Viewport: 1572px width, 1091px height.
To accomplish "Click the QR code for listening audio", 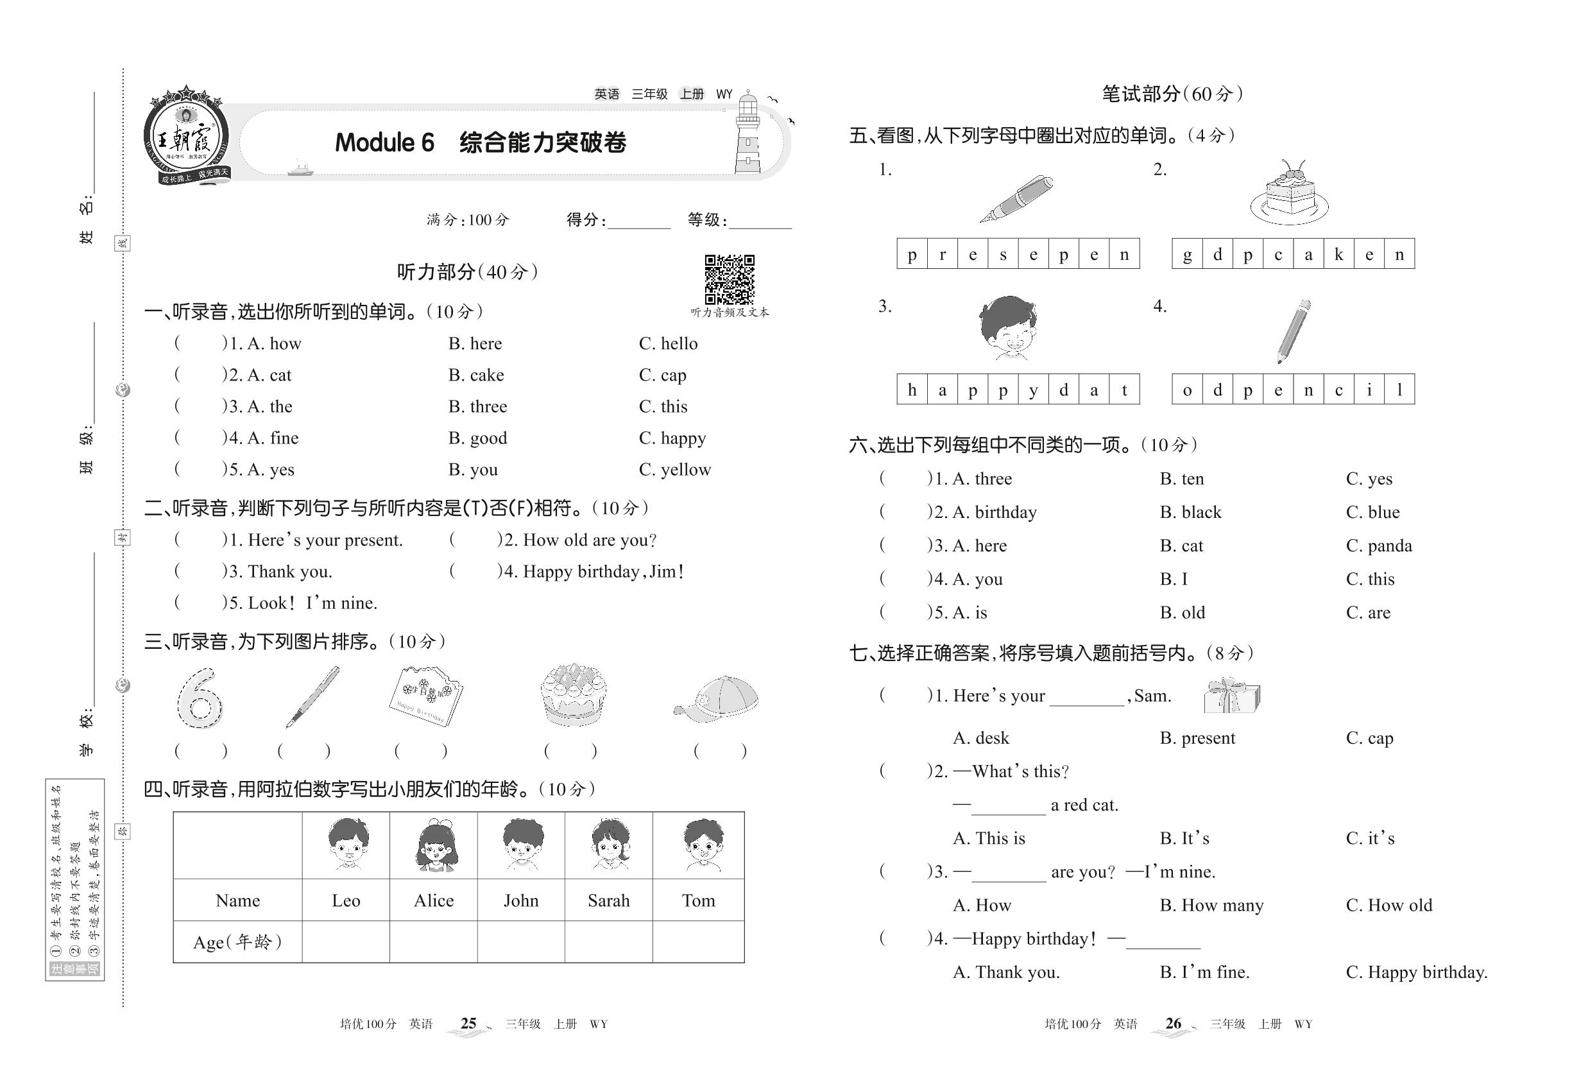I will (730, 279).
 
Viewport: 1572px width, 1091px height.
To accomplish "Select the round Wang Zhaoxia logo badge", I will (186, 137).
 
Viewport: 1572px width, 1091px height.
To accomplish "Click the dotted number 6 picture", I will (200, 699).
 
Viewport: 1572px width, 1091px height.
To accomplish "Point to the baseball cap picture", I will (717, 699).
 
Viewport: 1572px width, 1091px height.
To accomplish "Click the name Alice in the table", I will (433, 900).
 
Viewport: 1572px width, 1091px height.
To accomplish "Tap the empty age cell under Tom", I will (698, 941).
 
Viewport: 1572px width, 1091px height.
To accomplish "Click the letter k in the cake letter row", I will (1338, 254).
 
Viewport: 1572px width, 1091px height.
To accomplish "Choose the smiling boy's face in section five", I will (1007, 328).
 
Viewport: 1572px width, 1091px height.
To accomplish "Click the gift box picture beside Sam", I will (1232, 696).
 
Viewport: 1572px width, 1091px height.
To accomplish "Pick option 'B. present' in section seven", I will (1197, 738).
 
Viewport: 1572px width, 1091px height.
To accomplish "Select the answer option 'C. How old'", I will (1389, 905).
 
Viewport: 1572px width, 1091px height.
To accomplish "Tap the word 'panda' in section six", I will (1389, 545).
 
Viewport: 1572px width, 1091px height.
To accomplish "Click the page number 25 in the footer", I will (468, 1024).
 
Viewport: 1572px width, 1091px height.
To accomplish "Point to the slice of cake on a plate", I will (1290, 195).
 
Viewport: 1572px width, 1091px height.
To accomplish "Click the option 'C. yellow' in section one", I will (674, 470).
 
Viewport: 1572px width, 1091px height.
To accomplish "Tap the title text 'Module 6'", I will (384, 142).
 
